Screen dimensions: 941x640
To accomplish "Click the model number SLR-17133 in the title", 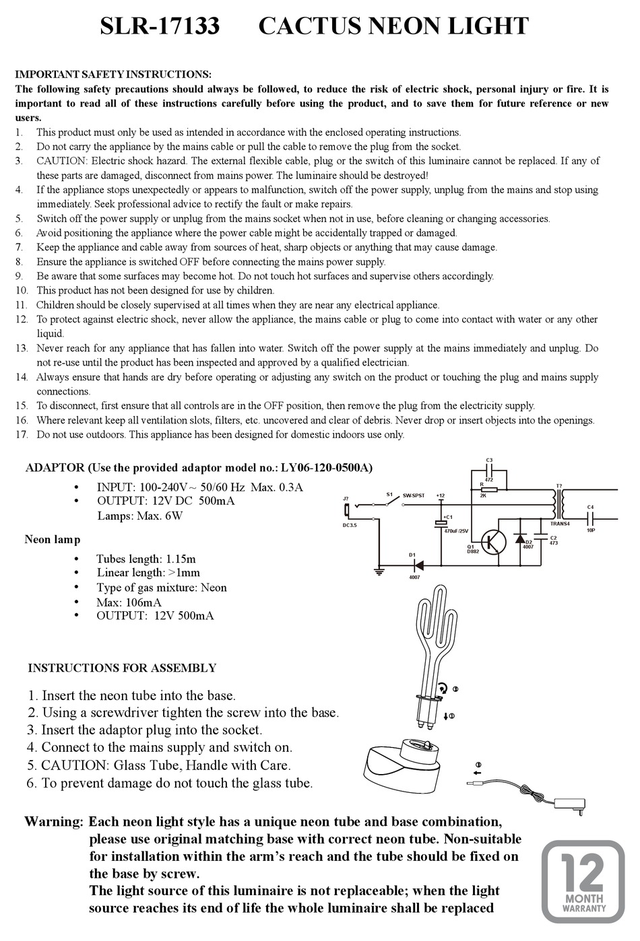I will coord(160,26).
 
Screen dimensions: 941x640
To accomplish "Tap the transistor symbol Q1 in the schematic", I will coord(497,540).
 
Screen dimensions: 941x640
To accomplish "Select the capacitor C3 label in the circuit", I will coord(489,460).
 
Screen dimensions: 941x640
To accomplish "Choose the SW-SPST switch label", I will coord(412,496).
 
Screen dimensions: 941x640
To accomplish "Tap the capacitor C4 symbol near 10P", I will coord(591,517).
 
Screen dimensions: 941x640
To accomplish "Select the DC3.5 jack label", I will coord(350,525).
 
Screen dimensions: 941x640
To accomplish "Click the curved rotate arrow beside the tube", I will coord(443,688).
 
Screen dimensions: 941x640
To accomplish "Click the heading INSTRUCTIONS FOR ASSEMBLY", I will coord(122,668).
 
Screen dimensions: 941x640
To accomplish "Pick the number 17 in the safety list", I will coord(22,434).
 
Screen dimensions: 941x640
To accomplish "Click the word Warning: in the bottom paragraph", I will coord(54,822).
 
